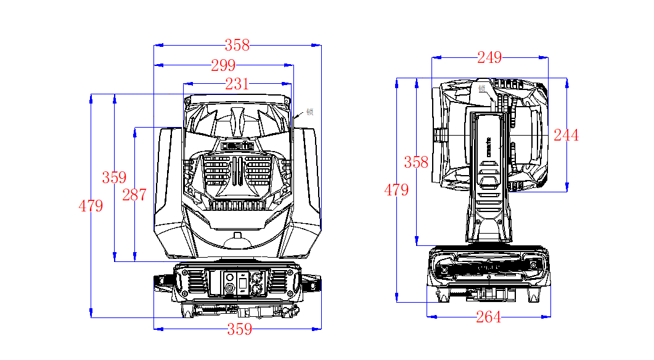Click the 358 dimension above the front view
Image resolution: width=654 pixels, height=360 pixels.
(x=237, y=45)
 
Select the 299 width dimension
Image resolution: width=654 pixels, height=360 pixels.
(x=223, y=65)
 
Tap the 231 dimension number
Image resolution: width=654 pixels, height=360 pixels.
(x=237, y=84)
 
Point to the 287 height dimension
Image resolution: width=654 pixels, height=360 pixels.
(x=134, y=195)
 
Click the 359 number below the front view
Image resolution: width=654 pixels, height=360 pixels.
(x=239, y=329)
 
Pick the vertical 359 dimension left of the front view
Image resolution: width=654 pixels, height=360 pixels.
(x=114, y=178)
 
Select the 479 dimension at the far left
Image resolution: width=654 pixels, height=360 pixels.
(x=91, y=207)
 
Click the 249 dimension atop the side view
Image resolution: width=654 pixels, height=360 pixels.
(x=489, y=58)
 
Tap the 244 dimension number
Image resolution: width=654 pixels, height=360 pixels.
(x=566, y=136)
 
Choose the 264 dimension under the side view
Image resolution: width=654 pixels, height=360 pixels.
(x=488, y=317)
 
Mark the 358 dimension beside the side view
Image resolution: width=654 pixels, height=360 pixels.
(x=416, y=163)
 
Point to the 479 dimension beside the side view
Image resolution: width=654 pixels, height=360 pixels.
(x=396, y=190)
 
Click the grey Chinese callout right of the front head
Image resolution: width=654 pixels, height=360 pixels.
(x=310, y=112)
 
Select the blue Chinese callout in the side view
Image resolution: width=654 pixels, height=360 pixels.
(x=482, y=88)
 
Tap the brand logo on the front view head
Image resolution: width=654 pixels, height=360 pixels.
(x=237, y=147)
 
